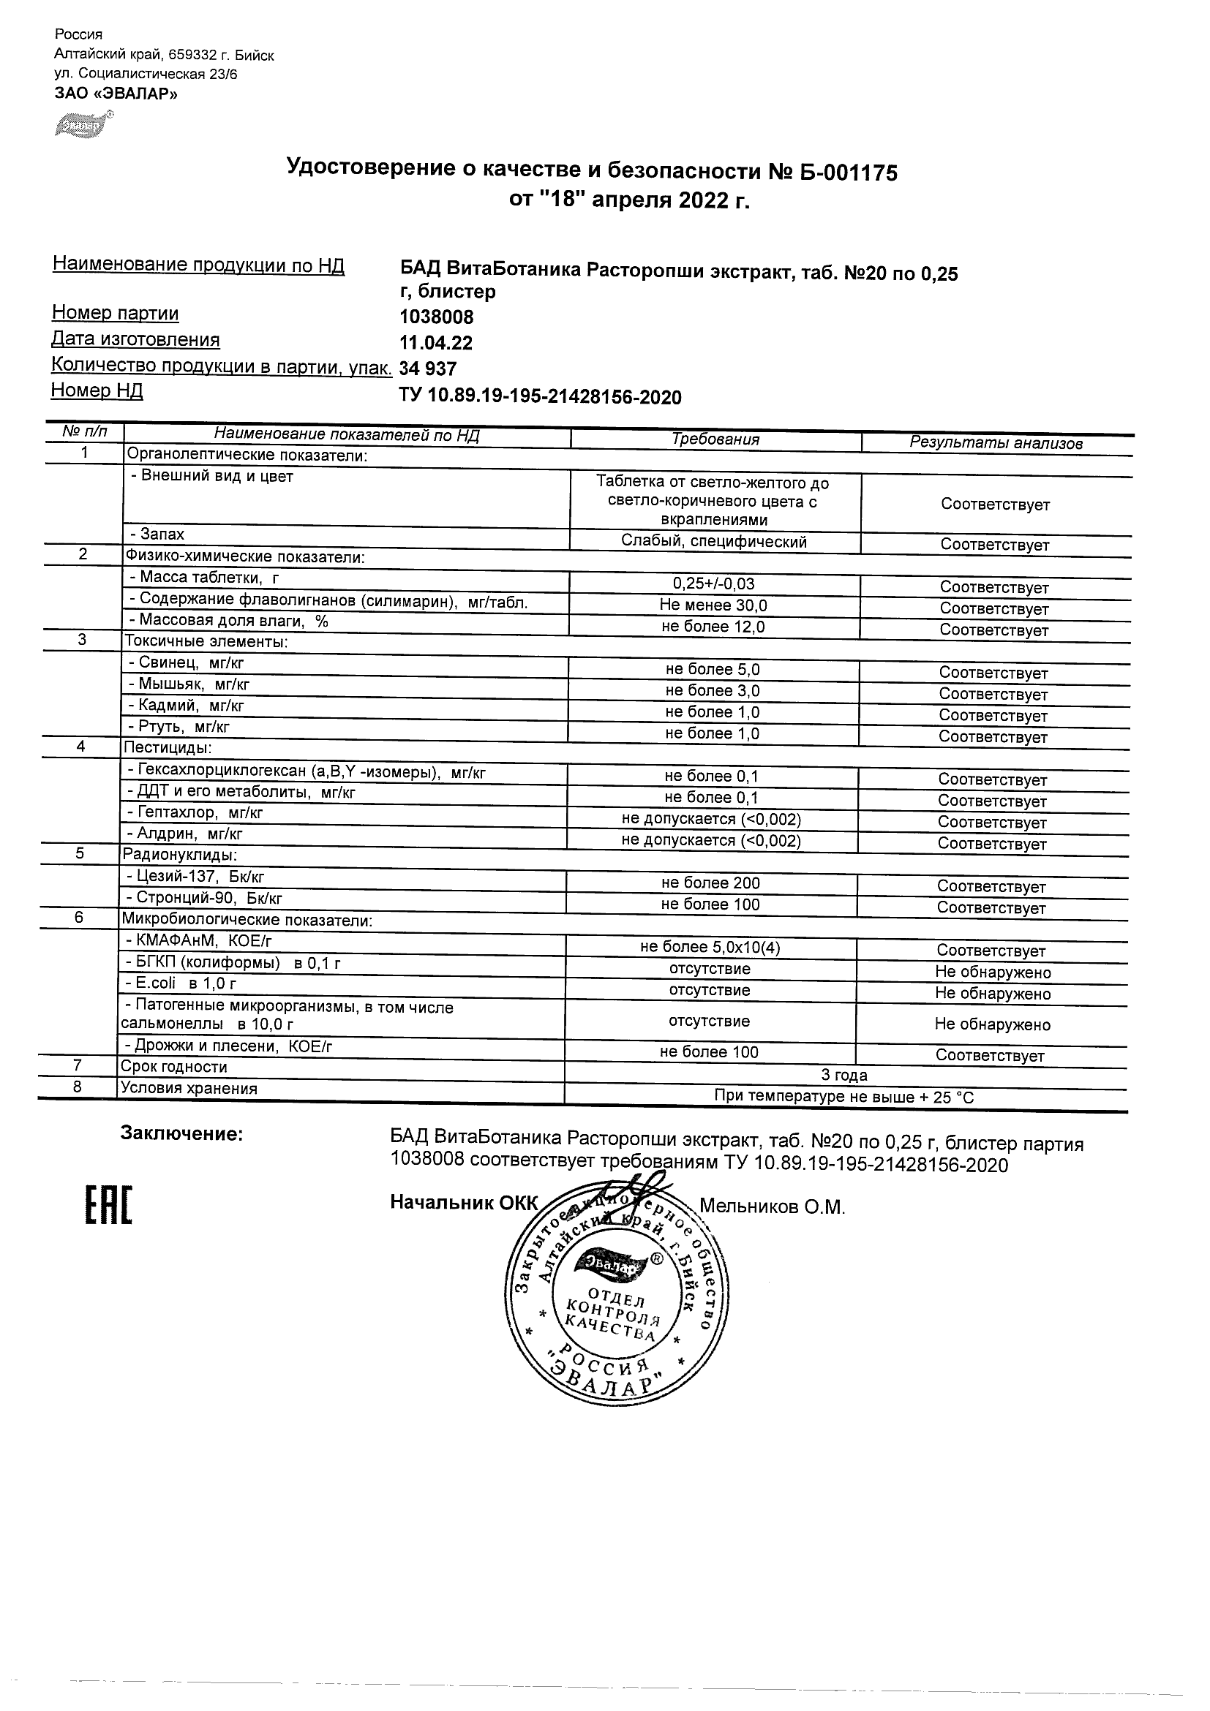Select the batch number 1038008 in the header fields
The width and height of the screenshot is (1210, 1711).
point(436,317)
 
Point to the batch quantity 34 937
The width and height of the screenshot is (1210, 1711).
point(428,369)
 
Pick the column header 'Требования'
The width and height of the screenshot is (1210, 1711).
point(715,439)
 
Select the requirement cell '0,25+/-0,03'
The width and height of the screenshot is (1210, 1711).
point(713,584)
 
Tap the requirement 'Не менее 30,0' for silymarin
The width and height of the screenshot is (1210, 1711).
point(713,605)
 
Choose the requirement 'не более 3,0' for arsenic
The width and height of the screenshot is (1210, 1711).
point(712,691)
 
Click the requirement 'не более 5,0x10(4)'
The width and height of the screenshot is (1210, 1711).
point(710,947)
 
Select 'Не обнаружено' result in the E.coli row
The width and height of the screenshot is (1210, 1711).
point(992,994)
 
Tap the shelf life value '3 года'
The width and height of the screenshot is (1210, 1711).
point(844,1076)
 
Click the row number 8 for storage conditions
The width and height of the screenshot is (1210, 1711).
point(77,1087)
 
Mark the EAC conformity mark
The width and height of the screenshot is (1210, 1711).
point(108,1206)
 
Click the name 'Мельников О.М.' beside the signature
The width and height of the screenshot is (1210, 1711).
point(772,1207)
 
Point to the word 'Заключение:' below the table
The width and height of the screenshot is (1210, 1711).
point(181,1134)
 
